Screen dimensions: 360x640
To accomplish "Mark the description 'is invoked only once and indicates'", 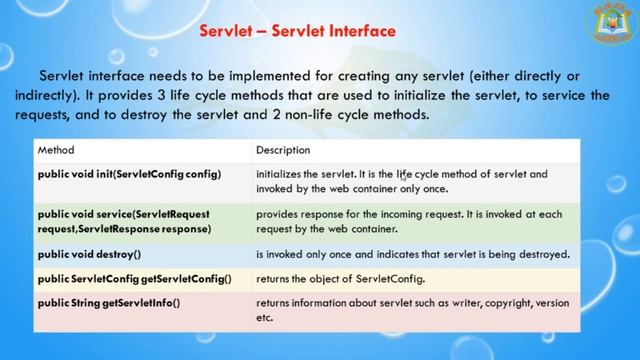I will tap(412, 254).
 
